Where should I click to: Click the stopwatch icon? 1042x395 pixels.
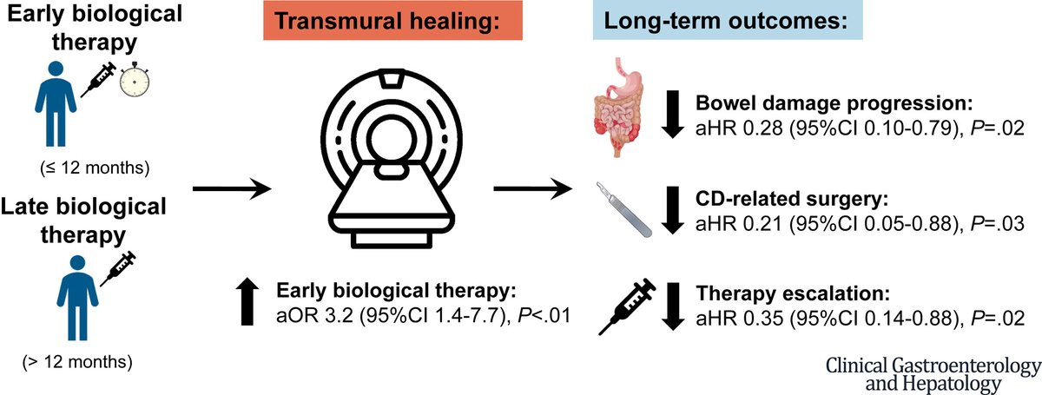[x=135, y=80]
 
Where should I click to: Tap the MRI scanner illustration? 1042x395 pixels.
[x=392, y=158]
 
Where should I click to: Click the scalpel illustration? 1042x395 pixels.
[x=624, y=210]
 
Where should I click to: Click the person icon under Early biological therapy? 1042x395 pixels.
[x=56, y=104]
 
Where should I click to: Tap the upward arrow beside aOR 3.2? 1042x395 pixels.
[x=247, y=301]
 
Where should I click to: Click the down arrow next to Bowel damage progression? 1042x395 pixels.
[x=672, y=114]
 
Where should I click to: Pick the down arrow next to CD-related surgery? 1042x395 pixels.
[x=672, y=210]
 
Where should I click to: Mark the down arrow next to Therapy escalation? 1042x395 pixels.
[x=672, y=306]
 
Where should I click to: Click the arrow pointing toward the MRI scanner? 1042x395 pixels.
[x=232, y=188]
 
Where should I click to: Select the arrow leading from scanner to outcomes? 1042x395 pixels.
[x=532, y=188]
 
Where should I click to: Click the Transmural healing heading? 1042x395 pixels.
[x=392, y=21]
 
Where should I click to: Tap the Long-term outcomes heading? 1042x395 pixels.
[x=728, y=21]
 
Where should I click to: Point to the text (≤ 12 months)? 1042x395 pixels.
[x=95, y=168]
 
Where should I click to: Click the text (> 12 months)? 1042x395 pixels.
[x=77, y=362]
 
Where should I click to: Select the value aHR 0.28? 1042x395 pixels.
[x=739, y=128]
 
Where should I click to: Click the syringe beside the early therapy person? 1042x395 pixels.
[x=98, y=80]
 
